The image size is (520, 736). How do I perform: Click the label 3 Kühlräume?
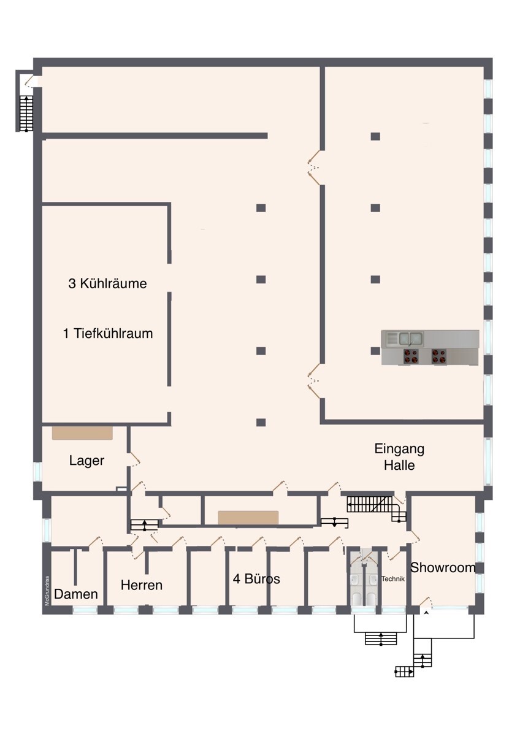tap(107, 284)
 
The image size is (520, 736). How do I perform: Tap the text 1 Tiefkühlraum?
tap(107, 334)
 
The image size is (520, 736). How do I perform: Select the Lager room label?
tap(86, 461)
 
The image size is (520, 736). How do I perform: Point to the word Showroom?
tap(443, 567)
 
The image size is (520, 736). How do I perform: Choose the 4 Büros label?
tap(256, 578)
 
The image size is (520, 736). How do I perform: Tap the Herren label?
tap(142, 585)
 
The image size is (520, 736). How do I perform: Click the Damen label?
tap(76, 594)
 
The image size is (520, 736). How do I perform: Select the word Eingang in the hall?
tap(399, 448)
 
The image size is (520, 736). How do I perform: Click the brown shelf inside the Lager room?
tap(82, 433)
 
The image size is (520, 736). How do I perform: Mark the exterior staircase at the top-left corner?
tap(26, 113)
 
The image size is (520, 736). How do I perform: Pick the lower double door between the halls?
tap(315, 381)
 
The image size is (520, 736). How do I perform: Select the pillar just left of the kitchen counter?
tap(375, 351)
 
